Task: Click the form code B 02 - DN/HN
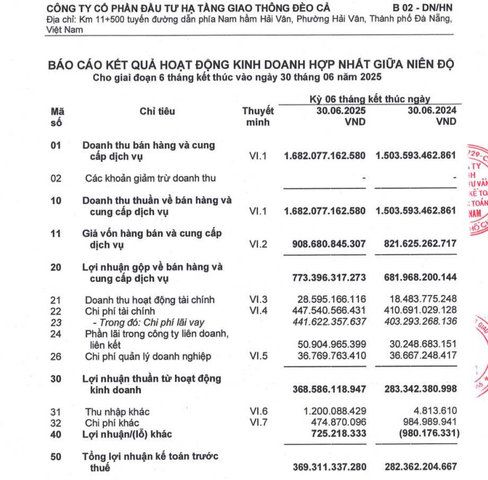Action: (x=420, y=6)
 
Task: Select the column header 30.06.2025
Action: (x=341, y=111)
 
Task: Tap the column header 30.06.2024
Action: (x=432, y=111)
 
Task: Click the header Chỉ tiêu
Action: (x=157, y=111)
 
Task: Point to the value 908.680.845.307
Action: (x=329, y=244)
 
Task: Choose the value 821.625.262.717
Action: (x=420, y=244)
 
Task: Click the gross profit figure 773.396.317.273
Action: (x=329, y=278)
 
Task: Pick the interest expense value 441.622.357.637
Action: (x=329, y=322)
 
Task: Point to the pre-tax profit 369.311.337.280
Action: (x=329, y=467)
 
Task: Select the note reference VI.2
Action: (x=257, y=244)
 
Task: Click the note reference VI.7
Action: (x=257, y=422)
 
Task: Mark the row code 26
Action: (x=56, y=357)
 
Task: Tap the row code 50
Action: (x=56, y=456)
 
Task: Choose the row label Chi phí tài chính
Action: (x=120, y=311)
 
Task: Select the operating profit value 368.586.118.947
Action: (x=329, y=390)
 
